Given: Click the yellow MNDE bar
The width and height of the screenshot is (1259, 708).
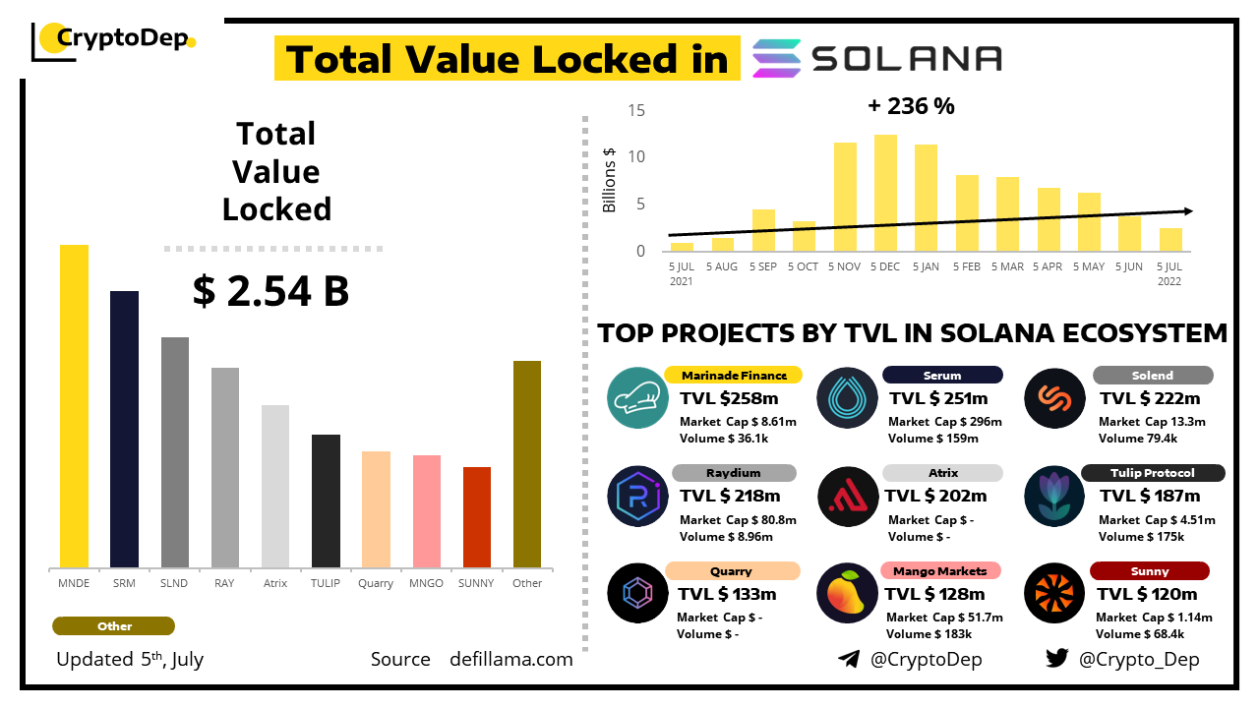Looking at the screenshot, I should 74,405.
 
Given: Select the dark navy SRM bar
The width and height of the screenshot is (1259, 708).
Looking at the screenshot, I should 124,429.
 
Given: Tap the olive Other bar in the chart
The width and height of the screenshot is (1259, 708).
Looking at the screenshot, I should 527,463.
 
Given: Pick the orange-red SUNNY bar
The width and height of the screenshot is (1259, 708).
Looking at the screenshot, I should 477,517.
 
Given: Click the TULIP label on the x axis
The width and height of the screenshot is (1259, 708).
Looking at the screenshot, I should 326,583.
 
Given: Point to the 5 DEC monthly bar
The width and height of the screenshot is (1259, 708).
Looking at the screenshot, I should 885,193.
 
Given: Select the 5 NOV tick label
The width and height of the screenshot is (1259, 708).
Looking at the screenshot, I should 845,266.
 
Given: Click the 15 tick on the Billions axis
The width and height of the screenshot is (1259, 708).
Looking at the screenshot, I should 636,110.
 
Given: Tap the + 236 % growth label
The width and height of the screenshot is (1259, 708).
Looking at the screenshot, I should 911,106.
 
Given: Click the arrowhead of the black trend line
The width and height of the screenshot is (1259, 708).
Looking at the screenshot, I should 1188,210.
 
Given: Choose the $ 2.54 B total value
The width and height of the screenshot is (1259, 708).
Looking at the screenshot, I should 270,291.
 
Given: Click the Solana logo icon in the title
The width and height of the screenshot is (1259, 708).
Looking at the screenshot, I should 777,59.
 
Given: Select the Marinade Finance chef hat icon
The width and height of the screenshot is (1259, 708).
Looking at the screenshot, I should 638,398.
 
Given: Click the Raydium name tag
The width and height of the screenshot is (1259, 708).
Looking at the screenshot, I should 731,473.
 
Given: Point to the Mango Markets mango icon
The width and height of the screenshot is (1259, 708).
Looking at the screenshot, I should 847,594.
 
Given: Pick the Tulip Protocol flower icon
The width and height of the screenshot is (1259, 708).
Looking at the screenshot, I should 1053,496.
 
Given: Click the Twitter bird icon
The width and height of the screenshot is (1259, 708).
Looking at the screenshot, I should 1056,659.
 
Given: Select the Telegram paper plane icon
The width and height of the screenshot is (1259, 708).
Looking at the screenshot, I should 849,659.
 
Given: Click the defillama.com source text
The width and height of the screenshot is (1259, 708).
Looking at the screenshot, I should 511,660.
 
